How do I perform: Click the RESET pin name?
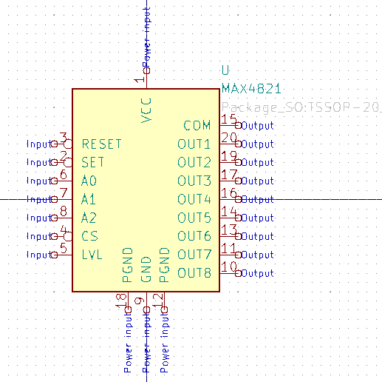[x=101, y=144]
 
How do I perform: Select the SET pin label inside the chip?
[x=93, y=162]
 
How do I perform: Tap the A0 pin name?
[x=89, y=181]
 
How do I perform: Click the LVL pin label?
[x=92, y=255]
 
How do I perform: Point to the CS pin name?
[x=89, y=236]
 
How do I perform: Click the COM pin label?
[x=197, y=125]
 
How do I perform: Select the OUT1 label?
[x=194, y=144]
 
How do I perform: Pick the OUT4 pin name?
[x=194, y=199]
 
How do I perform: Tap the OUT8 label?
[x=194, y=273]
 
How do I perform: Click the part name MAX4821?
[x=251, y=88]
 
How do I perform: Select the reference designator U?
[x=225, y=70]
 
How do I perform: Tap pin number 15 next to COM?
[x=229, y=119]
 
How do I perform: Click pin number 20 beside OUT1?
[x=229, y=138]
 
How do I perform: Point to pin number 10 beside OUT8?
[x=229, y=267]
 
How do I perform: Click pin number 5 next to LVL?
[x=64, y=249]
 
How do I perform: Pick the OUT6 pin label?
[x=194, y=236]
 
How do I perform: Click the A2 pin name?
[x=89, y=218]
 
